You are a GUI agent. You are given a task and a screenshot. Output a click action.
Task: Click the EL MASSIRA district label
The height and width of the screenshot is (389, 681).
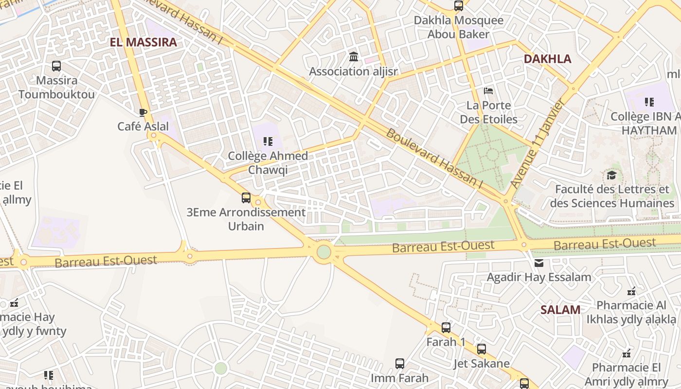pyautogui.click(x=143, y=42)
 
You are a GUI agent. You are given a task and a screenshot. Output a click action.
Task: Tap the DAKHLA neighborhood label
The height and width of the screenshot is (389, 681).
pyautogui.click(x=547, y=59)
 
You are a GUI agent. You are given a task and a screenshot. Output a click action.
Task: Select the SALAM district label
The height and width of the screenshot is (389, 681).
pyautogui.click(x=560, y=310)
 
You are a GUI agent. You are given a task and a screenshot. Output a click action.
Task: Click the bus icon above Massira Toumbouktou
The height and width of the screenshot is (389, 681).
pyautogui.click(x=56, y=66)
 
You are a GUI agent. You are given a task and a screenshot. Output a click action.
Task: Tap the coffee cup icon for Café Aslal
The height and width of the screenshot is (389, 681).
pyautogui.click(x=143, y=113)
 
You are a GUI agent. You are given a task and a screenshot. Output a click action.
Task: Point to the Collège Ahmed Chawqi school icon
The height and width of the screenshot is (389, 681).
pyautogui.click(x=268, y=141)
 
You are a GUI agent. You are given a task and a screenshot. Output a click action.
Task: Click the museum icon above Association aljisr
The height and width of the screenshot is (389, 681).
pyautogui.click(x=354, y=57)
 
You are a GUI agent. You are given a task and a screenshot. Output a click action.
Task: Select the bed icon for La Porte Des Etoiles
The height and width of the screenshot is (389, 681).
pyautogui.click(x=488, y=91)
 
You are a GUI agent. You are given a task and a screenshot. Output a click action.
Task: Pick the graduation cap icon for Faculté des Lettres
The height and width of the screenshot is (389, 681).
pyautogui.click(x=611, y=175)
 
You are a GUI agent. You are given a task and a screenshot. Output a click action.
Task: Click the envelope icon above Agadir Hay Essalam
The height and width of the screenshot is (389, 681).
pyautogui.click(x=539, y=263)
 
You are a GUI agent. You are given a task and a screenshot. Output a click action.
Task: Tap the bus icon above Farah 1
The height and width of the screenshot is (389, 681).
pyautogui.click(x=446, y=328)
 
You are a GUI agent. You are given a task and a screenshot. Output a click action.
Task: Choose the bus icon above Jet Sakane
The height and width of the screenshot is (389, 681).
pyautogui.click(x=481, y=349)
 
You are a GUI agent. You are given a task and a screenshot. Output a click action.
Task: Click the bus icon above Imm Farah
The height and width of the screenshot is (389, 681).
pyautogui.click(x=399, y=364)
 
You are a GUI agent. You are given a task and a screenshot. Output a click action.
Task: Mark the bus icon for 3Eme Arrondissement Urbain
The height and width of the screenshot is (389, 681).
pyautogui.click(x=246, y=198)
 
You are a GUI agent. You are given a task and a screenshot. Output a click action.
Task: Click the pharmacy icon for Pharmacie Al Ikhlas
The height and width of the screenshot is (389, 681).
pyautogui.click(x=631, y=291)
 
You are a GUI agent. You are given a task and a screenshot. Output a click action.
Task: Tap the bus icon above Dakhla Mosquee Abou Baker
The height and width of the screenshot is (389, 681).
pyautogui.click(x=458, y=6)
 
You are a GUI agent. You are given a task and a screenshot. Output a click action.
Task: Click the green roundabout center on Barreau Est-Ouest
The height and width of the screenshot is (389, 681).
pyautogui.click(x=324, y=252)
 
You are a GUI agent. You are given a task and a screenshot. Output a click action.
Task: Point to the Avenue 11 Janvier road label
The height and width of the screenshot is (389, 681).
pyautogui.click(x=537, y=144)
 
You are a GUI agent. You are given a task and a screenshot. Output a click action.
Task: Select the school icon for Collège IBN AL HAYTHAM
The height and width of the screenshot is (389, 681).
pyautogui.click(x=649, y=102)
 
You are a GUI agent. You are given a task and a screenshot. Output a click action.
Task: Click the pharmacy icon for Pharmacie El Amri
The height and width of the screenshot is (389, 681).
pyautogui.click(x=627, y=353)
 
